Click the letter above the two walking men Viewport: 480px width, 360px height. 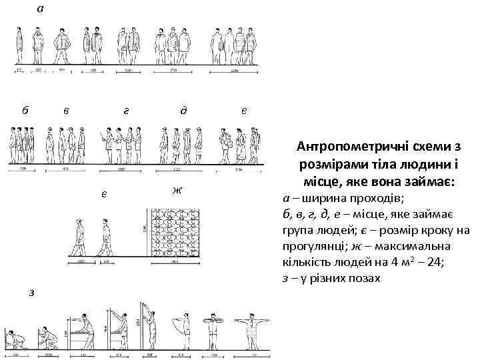[x=104, y=195]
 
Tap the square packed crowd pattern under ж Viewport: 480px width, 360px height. [x=179, y=234]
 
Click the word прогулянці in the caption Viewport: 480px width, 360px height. [x=313, y=246]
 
